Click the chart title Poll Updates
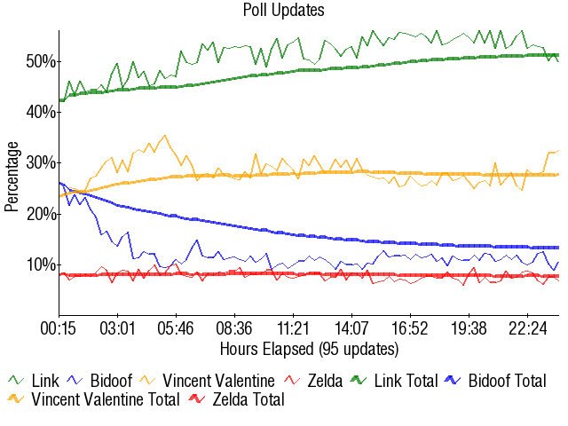tap(283, 11)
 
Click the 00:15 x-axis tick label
tap(59, 327)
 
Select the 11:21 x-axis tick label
tap(294, 327)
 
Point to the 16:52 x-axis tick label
tap(411, 327)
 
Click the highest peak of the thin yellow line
tap(164, 136)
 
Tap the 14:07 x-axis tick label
tap(352, 327)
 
